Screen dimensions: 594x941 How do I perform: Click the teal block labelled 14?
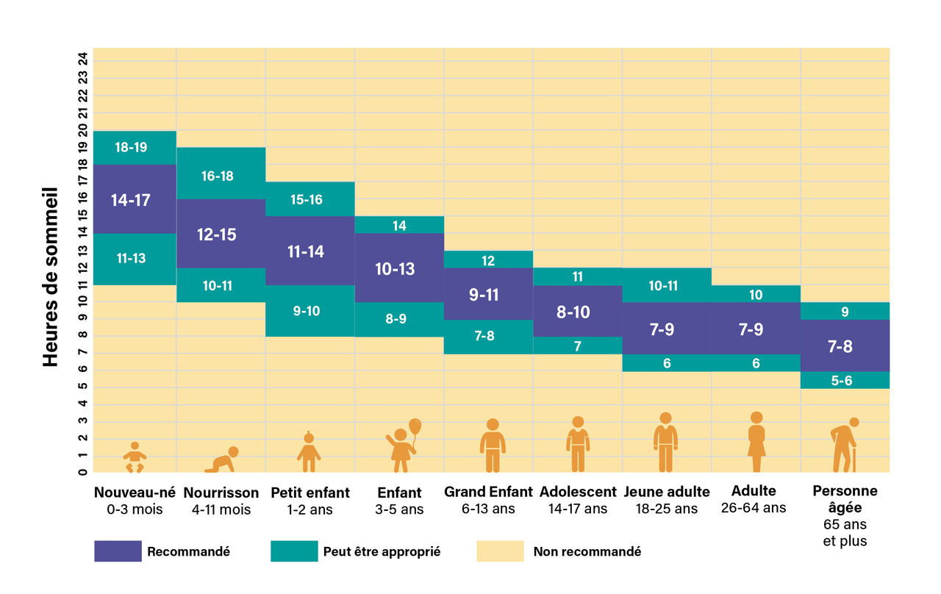(399, 225)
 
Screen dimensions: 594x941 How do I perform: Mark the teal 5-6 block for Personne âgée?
(845, 380)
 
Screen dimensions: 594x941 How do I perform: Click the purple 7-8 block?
(845, 346)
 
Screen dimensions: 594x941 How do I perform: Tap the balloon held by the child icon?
(415, 426)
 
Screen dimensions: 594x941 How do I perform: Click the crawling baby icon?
(223, 459)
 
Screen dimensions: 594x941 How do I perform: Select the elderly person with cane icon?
(845, 445)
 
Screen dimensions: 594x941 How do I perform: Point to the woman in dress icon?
(756, 443)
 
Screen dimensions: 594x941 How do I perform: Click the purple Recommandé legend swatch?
(118, 551)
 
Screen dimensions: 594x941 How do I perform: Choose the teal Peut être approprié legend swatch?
(294, 551)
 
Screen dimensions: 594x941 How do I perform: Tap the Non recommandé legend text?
(587, 551)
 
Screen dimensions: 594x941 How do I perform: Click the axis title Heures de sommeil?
(50, 276)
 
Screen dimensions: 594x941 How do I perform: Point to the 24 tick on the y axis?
(84, 57)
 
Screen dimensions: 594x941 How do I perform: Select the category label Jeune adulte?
(667, 492)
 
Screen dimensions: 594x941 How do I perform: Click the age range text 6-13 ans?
(488, 509)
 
